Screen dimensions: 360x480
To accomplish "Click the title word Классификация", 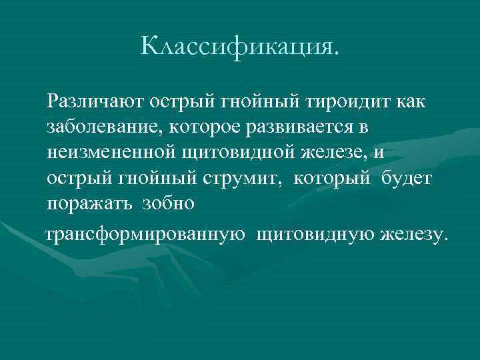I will [240, 45].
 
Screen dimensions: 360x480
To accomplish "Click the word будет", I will [408, 179].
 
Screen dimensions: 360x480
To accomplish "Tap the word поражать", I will [89, 203].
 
